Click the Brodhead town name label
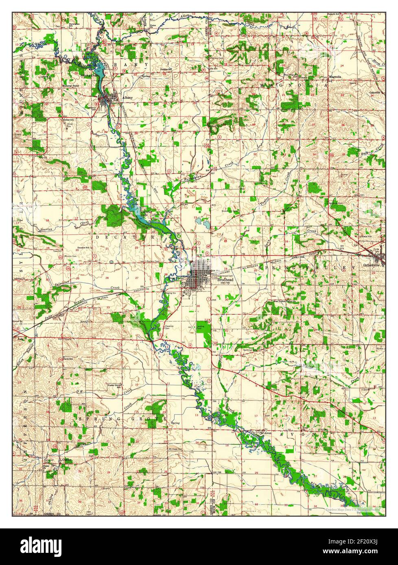point(225,280)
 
